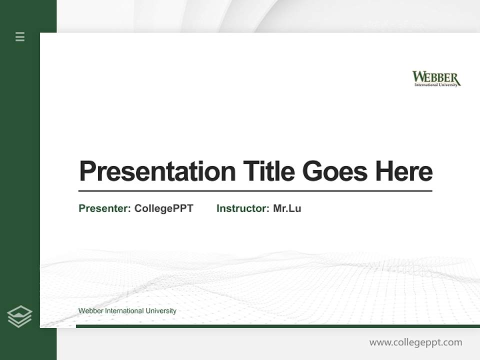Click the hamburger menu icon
[20, 36]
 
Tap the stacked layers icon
[20, 316]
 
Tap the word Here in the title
[404, 171]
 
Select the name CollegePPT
[163, 208]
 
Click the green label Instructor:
[242, 208]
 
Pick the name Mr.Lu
[287, 208]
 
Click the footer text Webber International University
[127, 311]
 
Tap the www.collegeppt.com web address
[415, 342]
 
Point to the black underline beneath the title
[255, 190]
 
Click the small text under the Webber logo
[436, 85]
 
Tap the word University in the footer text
[160, 311]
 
